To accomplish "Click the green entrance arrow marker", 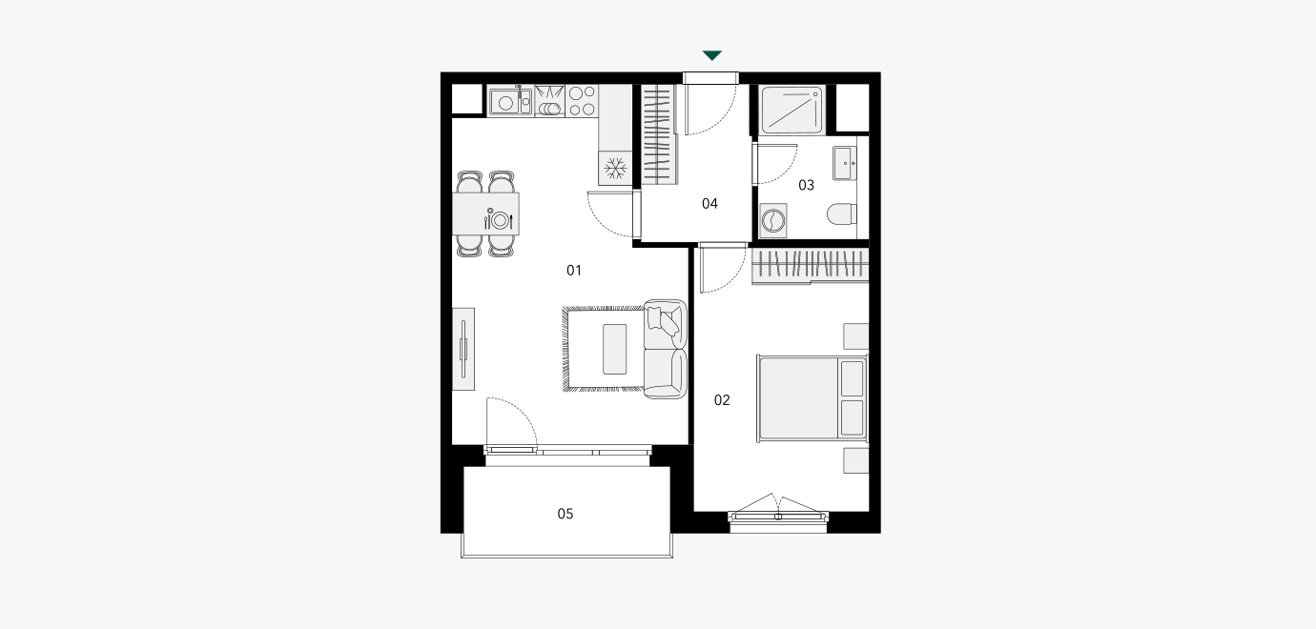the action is point(712,55).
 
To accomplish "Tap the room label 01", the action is point(574,270).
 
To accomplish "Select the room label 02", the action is point(722,400).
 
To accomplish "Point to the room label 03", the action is point(806,185).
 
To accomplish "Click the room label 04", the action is point(709,203).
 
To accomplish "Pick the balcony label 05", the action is point(565,514).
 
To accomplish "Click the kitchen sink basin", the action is point(505,103).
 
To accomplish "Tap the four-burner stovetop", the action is point(582,100).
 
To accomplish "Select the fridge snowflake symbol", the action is point(615,168).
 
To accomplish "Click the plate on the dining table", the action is point(500,220).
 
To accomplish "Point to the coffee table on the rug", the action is point(614,349).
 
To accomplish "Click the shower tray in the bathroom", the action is point(792,110).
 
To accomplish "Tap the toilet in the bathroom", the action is point(841,213).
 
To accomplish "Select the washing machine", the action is point(773,221).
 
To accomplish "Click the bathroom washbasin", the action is point(845,163).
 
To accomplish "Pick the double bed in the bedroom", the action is point(812,398).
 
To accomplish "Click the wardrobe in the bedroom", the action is point(811,266).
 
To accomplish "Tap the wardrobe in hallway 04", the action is point(658,134).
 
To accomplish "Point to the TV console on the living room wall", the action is point(463,349).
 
